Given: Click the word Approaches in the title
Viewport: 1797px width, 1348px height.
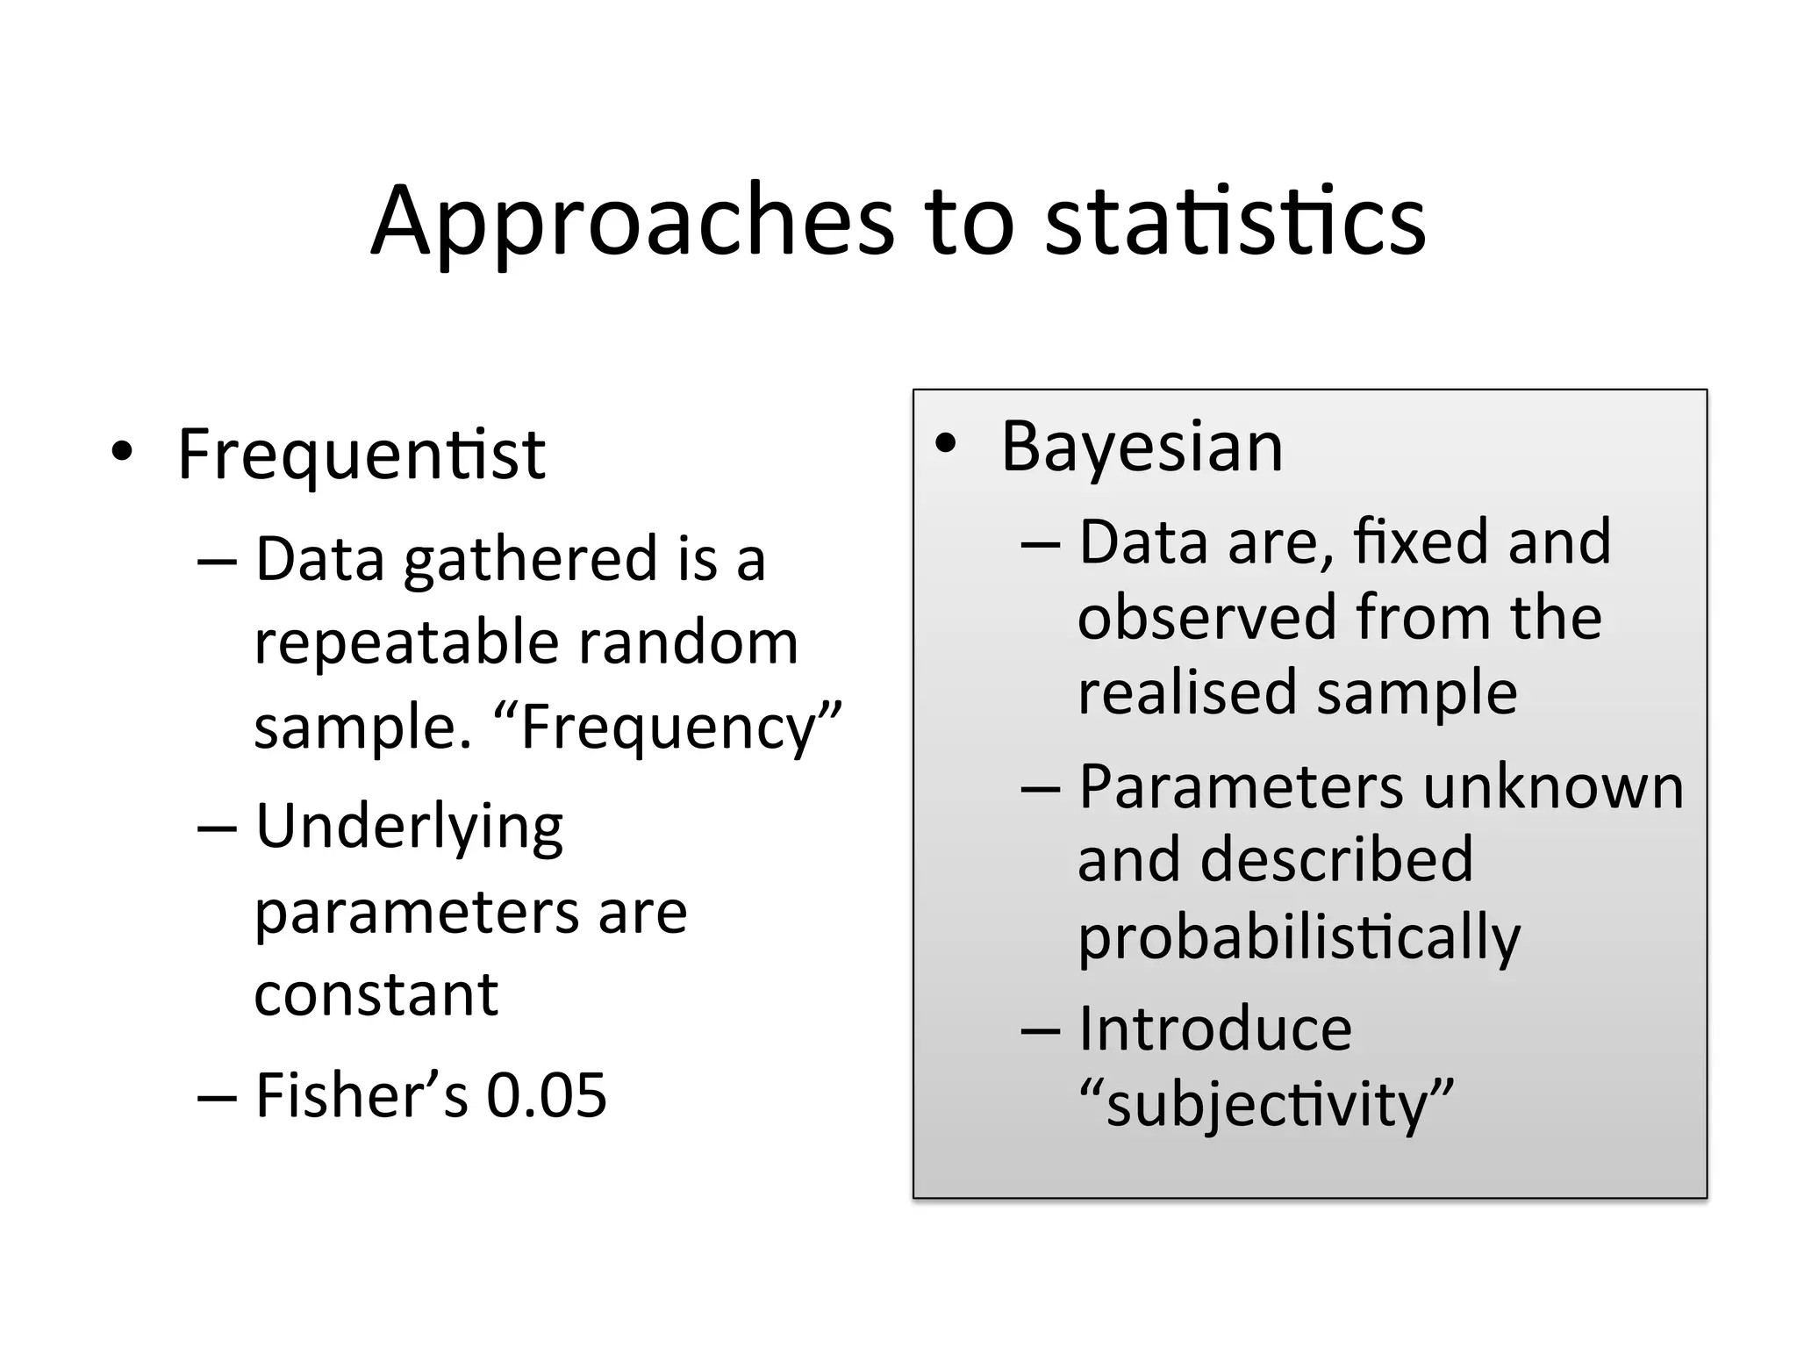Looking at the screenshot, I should (x=632, y=221).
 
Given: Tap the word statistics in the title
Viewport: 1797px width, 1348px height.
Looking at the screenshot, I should (x=1235, y=221).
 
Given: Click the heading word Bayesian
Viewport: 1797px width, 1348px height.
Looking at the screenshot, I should (x=1142, y=448).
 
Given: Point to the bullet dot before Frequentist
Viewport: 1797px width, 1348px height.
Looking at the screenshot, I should (x=122, y=453).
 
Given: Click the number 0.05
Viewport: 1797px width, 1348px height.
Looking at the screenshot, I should (x=547, y=1095).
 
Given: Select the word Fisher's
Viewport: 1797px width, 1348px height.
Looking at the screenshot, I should (x=362, y=1095).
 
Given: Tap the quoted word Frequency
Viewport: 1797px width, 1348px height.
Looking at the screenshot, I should (x=667, y=728).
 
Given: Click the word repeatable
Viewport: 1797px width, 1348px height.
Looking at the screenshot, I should (x=405, y=643).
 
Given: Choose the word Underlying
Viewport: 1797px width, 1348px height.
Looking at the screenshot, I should (x=409, y=828).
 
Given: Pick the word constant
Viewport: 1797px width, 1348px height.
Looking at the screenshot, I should (x=376, y=994).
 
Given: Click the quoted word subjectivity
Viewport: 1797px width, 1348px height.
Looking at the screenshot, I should (x=1266, y=1104).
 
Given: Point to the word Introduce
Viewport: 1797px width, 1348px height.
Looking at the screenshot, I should (x=1214, y=1029).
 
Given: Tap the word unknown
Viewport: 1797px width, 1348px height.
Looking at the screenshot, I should (x=1553, y=786).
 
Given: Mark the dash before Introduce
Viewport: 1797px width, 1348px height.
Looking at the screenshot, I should (x=1041, y=1030).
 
